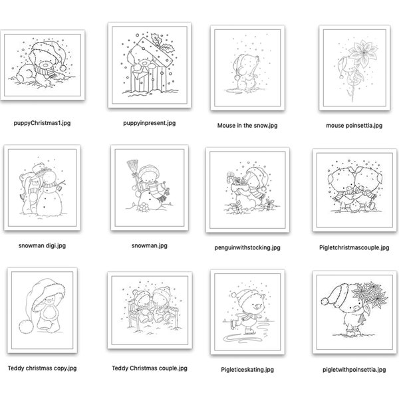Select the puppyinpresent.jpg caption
click(x=149, y=123)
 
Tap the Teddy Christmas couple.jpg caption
click(x=149, y=368)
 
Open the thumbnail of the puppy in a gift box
click(x=149, y=65)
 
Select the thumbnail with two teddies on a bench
click(x=149, y=307)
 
